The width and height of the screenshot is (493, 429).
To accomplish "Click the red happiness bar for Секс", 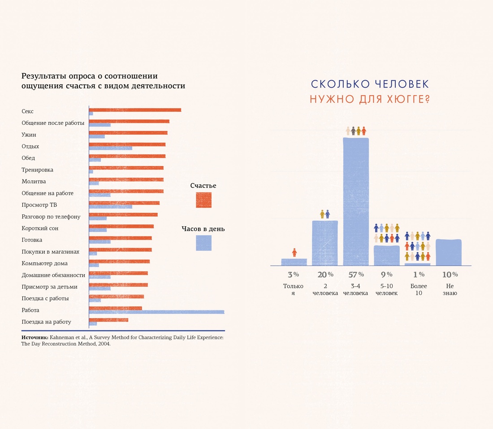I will [x=135, y=109].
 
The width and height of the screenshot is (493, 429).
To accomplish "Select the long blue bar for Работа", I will [x=156, y=312].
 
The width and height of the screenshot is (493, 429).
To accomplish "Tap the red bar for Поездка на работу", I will [x=108, y=320].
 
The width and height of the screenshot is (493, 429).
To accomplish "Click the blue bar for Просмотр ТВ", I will [x=111, y=207].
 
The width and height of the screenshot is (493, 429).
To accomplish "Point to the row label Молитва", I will [x=34, y=182].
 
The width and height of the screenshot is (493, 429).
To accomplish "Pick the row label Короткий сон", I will [x=40, y=228].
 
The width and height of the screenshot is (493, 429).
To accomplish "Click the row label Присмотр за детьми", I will [x=49, y=287].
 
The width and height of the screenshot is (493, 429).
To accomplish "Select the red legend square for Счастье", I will [x=203, y=200].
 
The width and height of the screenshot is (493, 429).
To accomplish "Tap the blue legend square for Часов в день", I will [x=203, y=243].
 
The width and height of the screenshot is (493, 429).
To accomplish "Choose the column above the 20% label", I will [x=325, y=243].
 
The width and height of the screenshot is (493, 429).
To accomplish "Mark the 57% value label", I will [x=355, y=274].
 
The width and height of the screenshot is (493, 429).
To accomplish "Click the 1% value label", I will [x=419, y=274].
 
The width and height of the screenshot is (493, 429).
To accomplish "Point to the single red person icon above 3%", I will [x=294, y=253].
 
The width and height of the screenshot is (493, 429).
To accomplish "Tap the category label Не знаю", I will [x=450, y=289].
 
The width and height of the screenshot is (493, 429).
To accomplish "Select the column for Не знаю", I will [x=449, y=252].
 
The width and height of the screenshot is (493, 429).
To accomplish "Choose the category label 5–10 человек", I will [x=386, y=289].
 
